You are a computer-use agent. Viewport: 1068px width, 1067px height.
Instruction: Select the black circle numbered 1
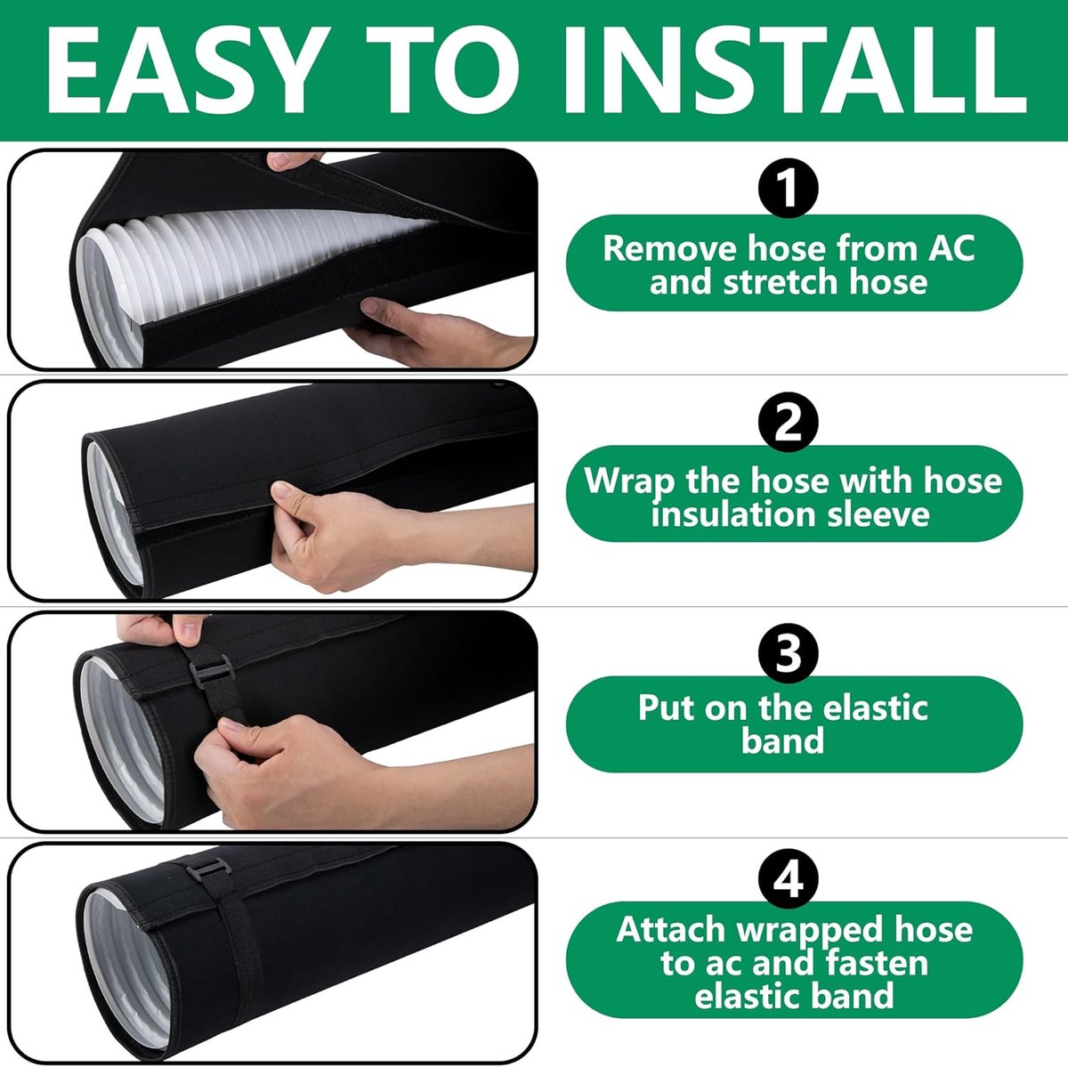tap(788, 188)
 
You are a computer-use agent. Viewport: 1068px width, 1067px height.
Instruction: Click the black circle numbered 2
tap(788, 421)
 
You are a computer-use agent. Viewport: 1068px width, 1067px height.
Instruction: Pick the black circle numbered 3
tap(788, 653)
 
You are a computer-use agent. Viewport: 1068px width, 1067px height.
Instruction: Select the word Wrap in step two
tap(629, 481)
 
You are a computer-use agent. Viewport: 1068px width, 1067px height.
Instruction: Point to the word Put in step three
tap(667, 707)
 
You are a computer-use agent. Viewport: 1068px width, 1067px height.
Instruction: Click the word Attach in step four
tap(671, 929)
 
